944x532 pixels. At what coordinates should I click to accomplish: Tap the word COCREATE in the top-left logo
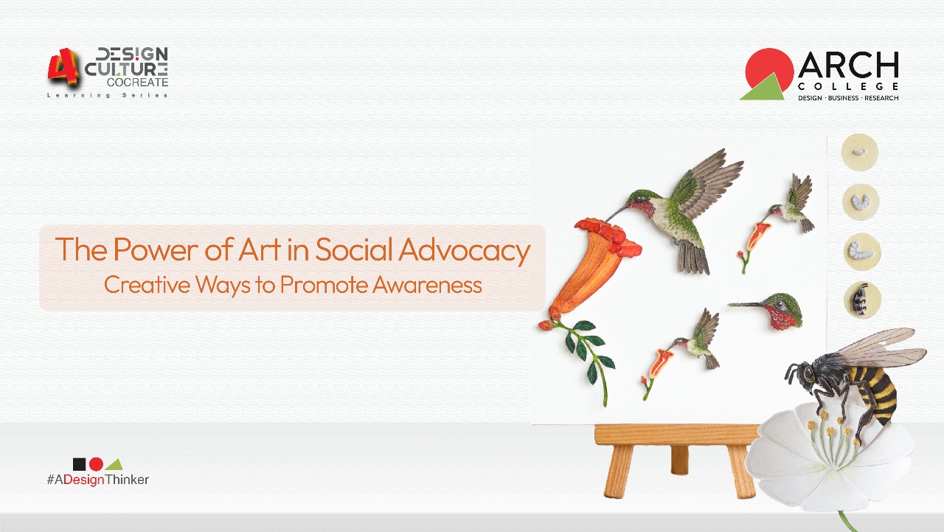[x=137, y=83]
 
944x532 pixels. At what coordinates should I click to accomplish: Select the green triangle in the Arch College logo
[x=763, y=89]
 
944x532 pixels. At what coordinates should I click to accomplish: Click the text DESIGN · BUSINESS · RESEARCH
[x=848, y=98]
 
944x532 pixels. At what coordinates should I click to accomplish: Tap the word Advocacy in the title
[x=464, y=251]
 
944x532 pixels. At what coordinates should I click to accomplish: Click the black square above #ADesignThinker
[x=80, y=464]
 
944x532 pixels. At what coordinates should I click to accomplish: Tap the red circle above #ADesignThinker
[x=96, y=464]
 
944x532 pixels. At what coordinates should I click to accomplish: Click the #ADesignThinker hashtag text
[x=98, y=480]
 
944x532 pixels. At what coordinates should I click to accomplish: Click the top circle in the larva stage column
[x=860, y=152]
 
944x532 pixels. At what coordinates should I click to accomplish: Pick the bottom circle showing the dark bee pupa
[x=861, y=300]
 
